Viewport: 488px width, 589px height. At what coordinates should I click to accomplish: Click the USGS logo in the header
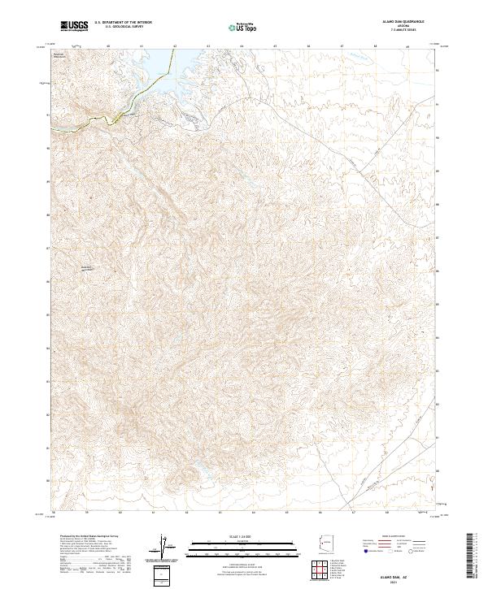point(76,27)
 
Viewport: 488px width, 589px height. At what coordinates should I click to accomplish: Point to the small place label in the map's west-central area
point(89,267)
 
